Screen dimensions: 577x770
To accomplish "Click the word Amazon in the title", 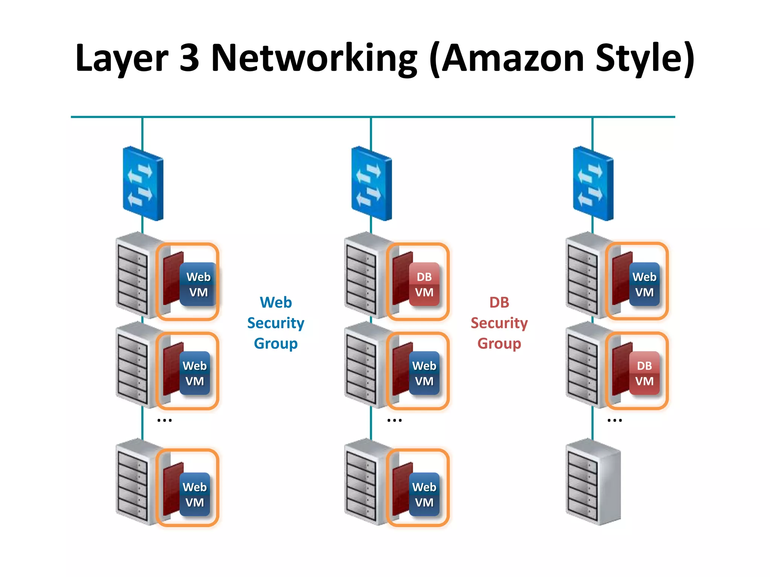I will point(512,58).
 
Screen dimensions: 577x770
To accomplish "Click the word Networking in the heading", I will point(314,58).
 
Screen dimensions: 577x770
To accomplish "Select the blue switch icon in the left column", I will point(143,183).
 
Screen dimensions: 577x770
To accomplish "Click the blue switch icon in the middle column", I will point(371,183).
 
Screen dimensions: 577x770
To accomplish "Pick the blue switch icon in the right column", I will point(593,183).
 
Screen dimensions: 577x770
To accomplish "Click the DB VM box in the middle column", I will point(424,284).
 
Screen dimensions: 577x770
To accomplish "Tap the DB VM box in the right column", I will point(644,373).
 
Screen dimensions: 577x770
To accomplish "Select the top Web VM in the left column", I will point(198,284).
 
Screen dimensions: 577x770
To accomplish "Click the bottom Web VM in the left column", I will point(194,494).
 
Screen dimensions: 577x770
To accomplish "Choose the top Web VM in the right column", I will point(644,284).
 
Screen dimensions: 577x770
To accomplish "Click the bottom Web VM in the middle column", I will point(424,494).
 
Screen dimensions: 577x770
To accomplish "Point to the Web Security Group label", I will point(276,323).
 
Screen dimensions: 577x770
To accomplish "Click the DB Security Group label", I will point(499,323).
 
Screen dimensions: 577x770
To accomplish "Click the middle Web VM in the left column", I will point(194,373).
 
